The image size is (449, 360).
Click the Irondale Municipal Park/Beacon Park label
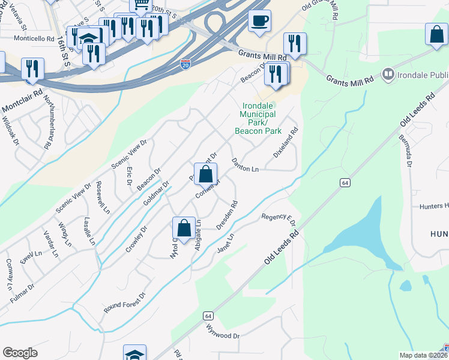[x=258, y=118]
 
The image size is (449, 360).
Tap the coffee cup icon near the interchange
[x=259, y=21]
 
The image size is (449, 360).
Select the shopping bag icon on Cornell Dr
[x=205, y=175]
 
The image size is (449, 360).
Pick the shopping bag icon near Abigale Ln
[x=184, y=229]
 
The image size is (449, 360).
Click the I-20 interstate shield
[x=185, y=65]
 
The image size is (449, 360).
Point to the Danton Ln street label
[x=245, y=165]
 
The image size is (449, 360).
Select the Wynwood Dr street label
[x=223, y=332]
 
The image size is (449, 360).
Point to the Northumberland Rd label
[x=49, y=123]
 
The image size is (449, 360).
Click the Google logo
[x=20, y=353]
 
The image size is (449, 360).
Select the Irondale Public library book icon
[x=388, y=74]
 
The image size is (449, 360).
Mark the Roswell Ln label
[x=103, y=198]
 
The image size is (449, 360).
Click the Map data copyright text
[x=421, y=355]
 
